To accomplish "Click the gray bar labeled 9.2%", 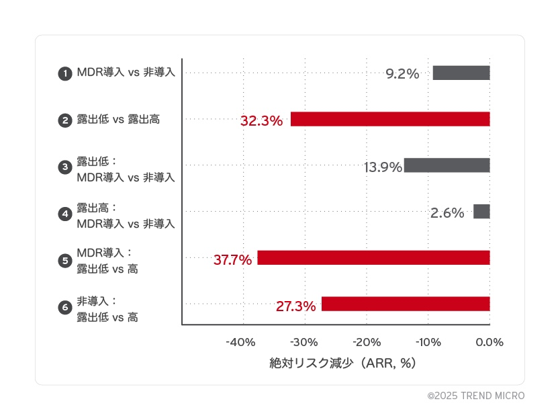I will (461, 73).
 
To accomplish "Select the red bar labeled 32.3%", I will (390, 119).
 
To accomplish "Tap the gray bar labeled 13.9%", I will (447, 165).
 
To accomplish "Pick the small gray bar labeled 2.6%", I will (481, 212).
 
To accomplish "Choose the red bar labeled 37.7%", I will (373, 257).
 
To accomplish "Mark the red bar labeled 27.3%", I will (406, 304).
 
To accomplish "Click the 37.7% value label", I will (232, 259).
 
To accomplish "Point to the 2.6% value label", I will (447, 213).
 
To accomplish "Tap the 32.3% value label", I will (261, 121).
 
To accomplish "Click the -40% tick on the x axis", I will (241, 342).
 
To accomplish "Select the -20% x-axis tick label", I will (366, 342).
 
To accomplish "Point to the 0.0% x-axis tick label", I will (489, 342).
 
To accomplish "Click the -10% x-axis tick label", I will (428, 342).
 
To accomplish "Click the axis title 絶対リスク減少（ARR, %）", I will (343, 364).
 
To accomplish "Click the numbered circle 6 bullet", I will (65, 308).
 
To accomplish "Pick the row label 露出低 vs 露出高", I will (118, 120).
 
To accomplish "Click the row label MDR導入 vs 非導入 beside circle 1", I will (126, 73).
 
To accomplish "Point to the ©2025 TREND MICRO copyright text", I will (476, 396).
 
